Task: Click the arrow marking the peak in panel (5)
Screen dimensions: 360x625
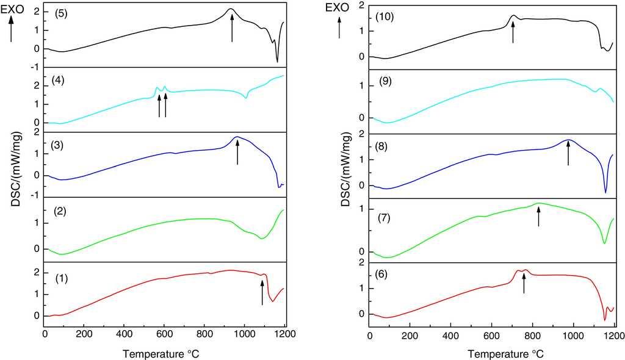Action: [x=232, y=28]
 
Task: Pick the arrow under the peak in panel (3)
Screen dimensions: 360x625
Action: [x=237, y=151]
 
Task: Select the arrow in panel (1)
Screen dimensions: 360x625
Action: [x=262, y=290]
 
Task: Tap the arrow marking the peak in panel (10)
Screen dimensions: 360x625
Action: [x=513, y=32]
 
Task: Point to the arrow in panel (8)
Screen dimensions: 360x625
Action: [x=568, y=153]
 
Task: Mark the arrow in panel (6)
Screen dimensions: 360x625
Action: [x=524, y=284]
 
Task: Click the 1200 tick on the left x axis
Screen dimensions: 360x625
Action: [x=284, y=334]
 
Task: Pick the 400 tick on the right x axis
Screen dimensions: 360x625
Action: [x=451, y=334]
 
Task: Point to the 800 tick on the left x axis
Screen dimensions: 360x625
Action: [x=204, y=334]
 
